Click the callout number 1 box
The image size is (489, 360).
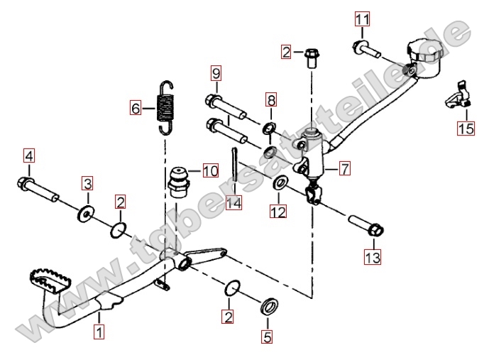point(99,331)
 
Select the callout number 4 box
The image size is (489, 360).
point(28,156)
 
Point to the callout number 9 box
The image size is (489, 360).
point(216,72)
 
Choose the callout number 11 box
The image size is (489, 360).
point(363,18)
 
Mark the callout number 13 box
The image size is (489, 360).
point(373,256)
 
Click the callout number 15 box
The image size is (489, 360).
point(465,129)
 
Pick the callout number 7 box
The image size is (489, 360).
point(344,169)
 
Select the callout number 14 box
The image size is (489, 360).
point(233,203)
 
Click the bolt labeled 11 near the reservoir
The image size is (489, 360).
point(366,50)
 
